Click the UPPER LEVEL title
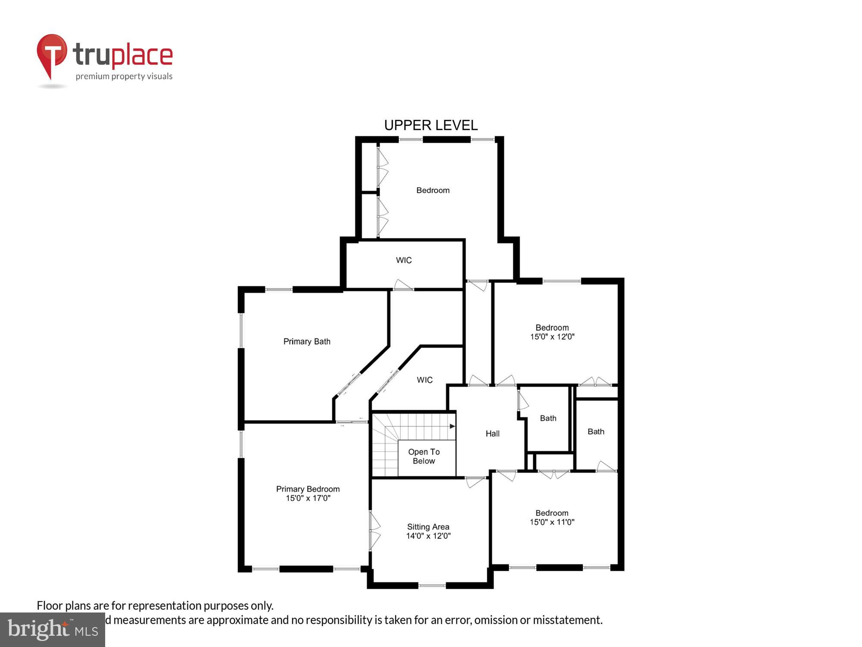click(x=431, y=125)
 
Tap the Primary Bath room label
click(x=306, y=342)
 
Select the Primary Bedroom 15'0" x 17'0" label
click(x=308, y=493)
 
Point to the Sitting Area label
click(x=428, y=531)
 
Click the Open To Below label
click(x=424, y=456)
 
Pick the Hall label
click(x=492, y=433)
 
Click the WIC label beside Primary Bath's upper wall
click(x=403, y=260)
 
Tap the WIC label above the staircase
click(x=424, y=380)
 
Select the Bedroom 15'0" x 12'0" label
click(x=552, y=332)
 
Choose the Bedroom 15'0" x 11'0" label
click(x=552, y=518)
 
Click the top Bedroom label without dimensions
click(x=433, y=190)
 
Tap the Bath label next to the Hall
click(x=548, y=418)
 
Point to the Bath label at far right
click(x=596, y=432)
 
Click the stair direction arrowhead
click(x=452, y=426)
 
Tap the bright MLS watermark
click(x=53, y=630)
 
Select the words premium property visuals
click(x=124, y=77)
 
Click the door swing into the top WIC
click(x=403, y=285)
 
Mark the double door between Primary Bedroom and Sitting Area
click(x=374, y=531)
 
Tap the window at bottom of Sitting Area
click(x=432, y=585)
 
